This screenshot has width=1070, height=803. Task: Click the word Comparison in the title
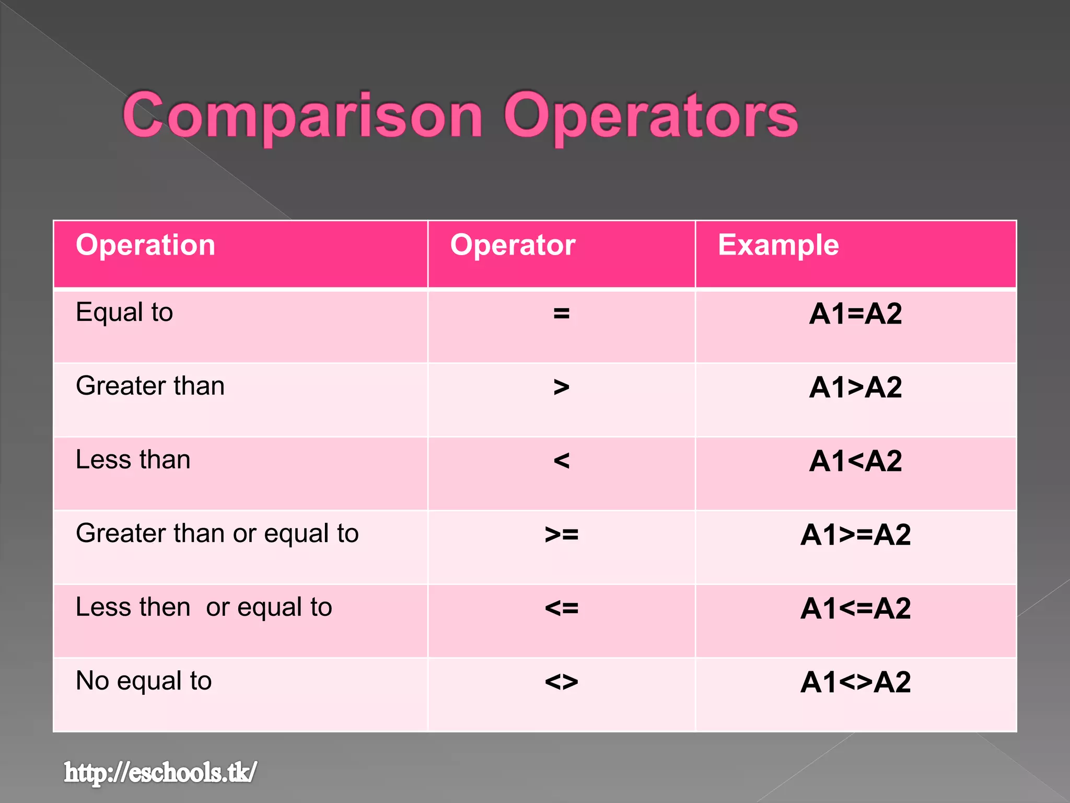coord(303,116)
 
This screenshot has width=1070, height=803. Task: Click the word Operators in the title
coord(650,116)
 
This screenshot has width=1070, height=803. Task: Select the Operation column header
coord(145,245)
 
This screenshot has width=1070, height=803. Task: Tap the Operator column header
coord(513,245)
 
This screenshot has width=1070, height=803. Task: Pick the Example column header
coord(778,245)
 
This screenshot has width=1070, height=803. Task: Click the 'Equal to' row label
coord(124,313)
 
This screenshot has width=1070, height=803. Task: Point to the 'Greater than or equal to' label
coord(217,534)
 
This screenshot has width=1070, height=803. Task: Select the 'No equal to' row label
coord(144,681)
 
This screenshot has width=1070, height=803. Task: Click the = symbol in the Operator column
coord(561,314)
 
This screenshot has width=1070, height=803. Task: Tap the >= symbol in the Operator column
coord(561,534)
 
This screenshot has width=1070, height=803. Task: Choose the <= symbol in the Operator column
coord(561,608)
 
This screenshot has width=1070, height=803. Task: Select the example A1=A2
coord(855,314)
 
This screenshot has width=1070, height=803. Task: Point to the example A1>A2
coord(855,388)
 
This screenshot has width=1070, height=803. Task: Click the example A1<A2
coord(855,461)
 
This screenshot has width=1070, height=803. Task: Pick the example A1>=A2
coord(855,535)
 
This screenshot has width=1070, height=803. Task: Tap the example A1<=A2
coord(855,609)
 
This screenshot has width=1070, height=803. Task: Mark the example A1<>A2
coord(855,682)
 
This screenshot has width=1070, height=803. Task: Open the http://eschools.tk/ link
coord(160,773)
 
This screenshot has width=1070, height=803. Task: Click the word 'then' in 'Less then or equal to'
coord(165,607)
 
